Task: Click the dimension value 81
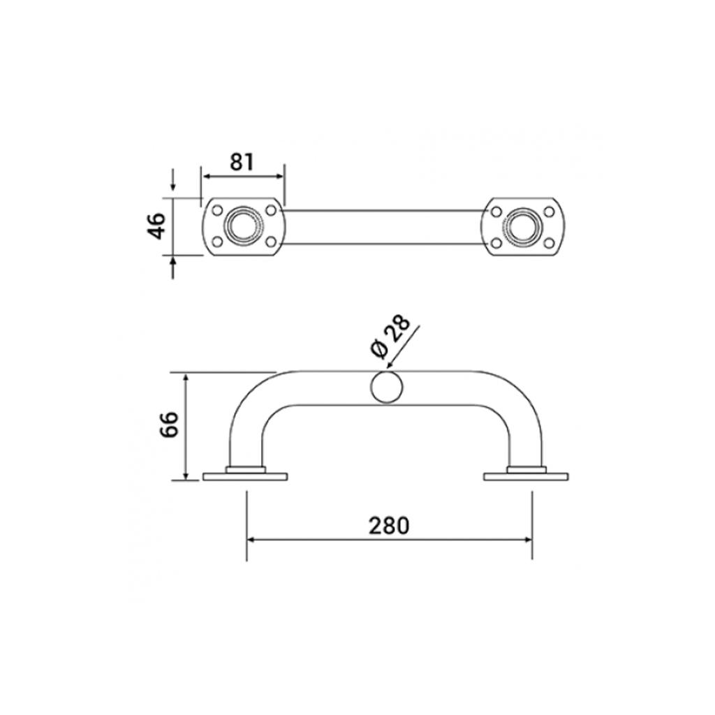click(241, 162)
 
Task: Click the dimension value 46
click(156, 226)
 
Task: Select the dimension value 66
click(170, 425)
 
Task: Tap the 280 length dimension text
click(389, 526)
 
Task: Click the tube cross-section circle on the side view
click(387, 388)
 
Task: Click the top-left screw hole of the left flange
click(218, 211)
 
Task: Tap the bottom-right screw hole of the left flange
click(271, 242)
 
